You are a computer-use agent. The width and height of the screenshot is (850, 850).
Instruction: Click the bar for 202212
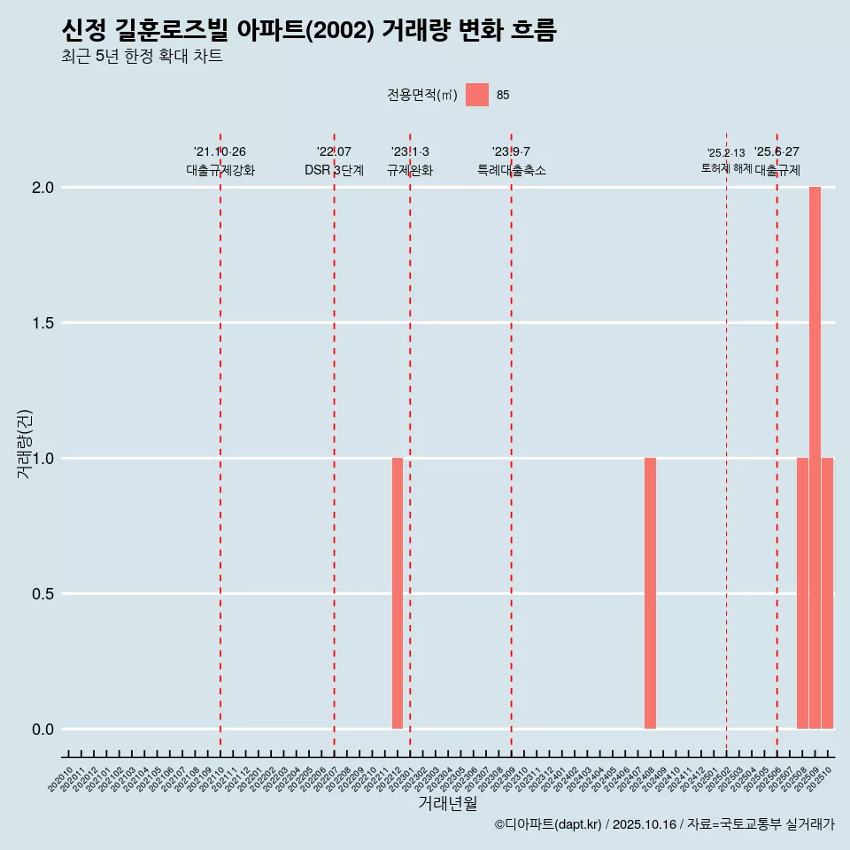pyautogui.click(x=398, y=593)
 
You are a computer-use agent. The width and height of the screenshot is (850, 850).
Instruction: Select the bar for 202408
pyautogui.click(x=650, y=593)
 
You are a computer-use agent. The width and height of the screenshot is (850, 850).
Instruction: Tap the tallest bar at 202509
pyautogui.click(x=815, y=458)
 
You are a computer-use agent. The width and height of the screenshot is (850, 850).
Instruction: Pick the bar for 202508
pyautogui.click(x=802, y=593)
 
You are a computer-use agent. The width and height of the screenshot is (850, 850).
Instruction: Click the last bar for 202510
pyautogui.click(x=827, y=593)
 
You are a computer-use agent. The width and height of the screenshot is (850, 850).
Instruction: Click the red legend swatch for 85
pyautogui.click(x=477, y=95)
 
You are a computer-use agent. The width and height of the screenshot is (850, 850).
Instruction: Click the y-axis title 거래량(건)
pyautogui.click(x=25, y=443)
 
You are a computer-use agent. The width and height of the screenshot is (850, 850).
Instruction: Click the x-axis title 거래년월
pyautogui.click(x=447, y=804)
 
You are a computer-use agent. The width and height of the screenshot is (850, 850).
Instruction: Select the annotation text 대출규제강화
pyautogui.click(x=220, y=170)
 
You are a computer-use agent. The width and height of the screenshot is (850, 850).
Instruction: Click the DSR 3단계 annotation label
pyautogui.click(x=334, y=170)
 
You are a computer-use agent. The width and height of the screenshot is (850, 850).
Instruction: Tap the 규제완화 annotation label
pyautogui.click(x=410, y=170)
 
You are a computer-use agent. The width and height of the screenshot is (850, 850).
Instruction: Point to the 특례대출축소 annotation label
pyautogui.click(x=512, y=170)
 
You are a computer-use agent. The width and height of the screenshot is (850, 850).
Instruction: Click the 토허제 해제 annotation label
pyautogui.click(x=726, y=168)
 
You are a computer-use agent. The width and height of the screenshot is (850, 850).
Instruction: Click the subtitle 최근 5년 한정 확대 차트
pyautogui.click(x=142, y=57)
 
